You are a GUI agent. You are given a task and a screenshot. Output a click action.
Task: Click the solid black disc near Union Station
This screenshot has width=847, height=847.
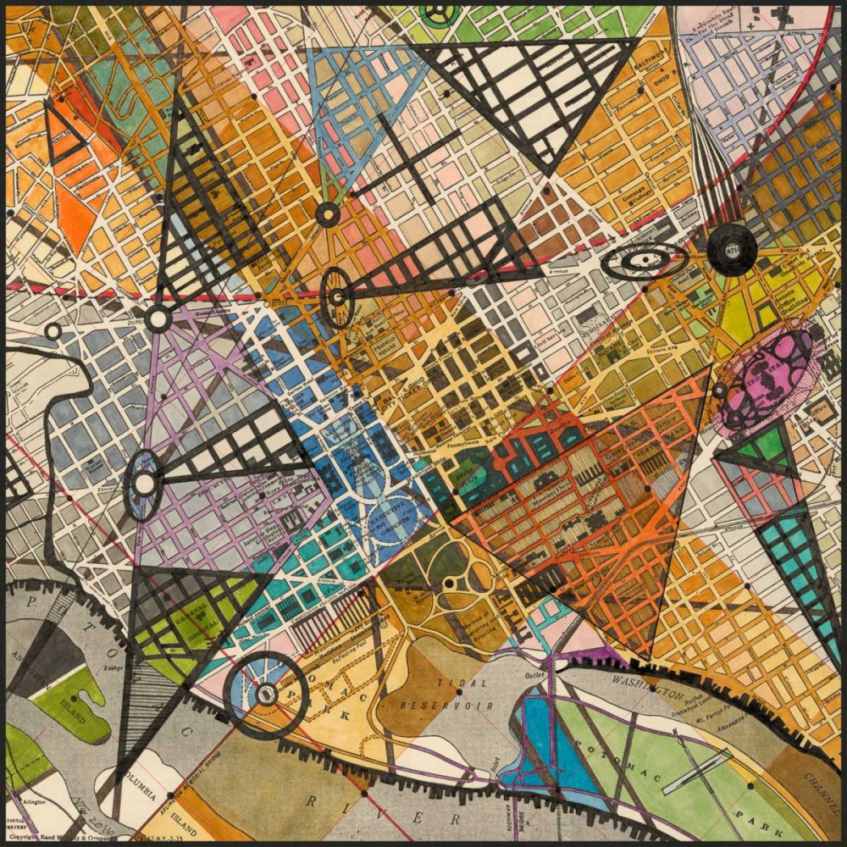732,249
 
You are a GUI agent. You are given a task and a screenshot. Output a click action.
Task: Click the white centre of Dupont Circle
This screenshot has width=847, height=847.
158,319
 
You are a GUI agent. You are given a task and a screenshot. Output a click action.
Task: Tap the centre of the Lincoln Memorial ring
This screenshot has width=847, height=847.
266,695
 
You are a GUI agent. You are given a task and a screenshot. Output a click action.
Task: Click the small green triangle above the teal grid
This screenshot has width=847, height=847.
767,444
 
